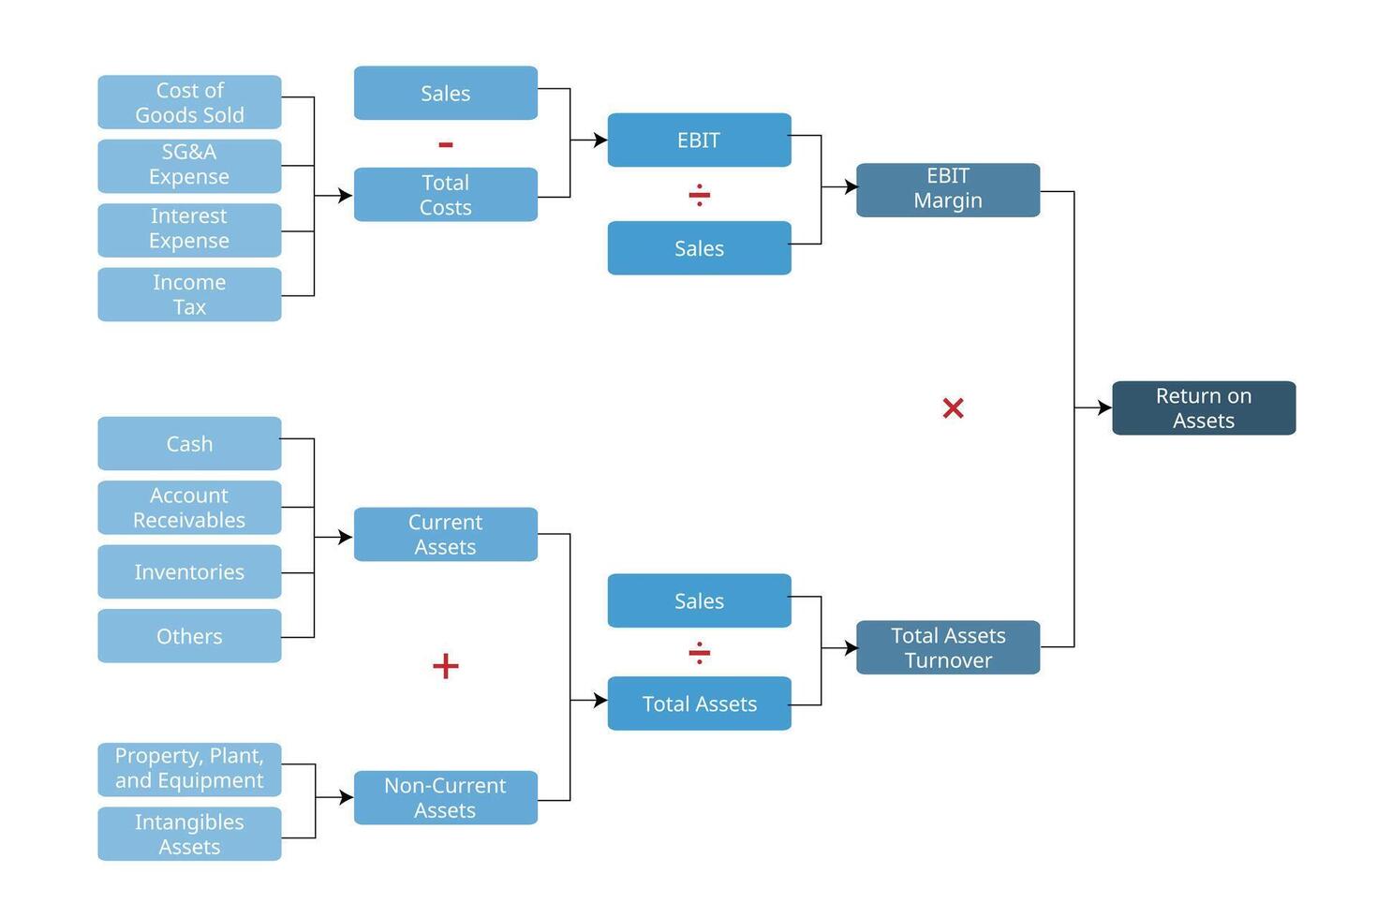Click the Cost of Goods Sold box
[189, 102]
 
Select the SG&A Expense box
[189, 166]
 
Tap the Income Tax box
[189, 294]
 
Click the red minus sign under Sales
[446, 144]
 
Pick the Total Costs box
[446, 195]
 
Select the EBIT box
[699, 140]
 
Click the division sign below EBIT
[699, 195]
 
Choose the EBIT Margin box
[948, 189]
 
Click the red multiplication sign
[953, 408]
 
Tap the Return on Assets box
[1204, 407]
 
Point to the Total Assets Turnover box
[948, 647]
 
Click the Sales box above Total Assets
[699, 600]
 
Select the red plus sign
[446, 666]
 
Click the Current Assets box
[446, 534]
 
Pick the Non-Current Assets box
[446, 797]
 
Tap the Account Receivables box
[189, 508]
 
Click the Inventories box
[189, 571]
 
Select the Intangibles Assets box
[189, 834]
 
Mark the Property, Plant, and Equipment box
[189, 768]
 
